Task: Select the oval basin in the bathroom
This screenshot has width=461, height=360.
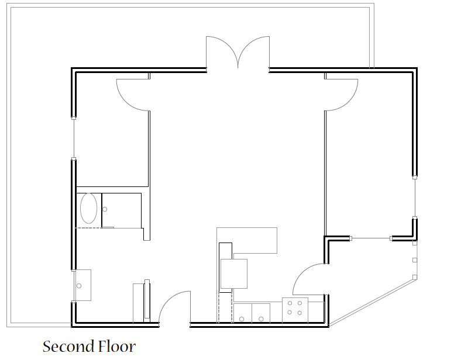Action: (x=88, y=208)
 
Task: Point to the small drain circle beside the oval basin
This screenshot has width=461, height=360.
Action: (x=105, y=209)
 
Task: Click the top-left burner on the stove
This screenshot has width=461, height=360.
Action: (x=290, y=303)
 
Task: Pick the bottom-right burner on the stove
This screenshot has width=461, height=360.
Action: (x=300, y=313)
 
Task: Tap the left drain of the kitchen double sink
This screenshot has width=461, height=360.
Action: (x=242, y=319)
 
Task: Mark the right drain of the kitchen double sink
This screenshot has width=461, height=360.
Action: (x=261, y=319)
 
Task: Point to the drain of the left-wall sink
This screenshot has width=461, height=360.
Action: (x=79, y=286)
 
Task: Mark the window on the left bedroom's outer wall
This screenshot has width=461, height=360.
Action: (x=74, y=139)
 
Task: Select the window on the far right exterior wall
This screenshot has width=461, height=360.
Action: (x=415, y=198)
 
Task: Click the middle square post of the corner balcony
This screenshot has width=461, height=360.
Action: (x=415, y=260)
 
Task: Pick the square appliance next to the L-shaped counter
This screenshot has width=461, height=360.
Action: (x=234, y=274)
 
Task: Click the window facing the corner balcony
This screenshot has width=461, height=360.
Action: (x=371, y=238)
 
